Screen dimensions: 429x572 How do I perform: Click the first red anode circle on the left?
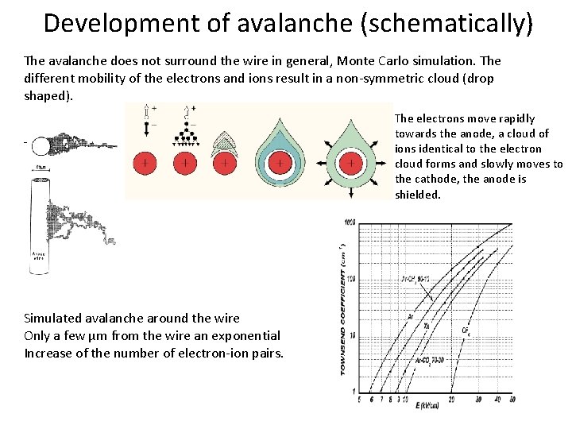[145, 163]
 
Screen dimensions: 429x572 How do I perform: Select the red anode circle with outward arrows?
[350, 164]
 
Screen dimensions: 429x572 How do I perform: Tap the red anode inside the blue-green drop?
[280, 164]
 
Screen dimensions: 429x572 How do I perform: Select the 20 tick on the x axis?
[451, 400]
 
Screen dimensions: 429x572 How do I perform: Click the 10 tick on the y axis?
[351, 335]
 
